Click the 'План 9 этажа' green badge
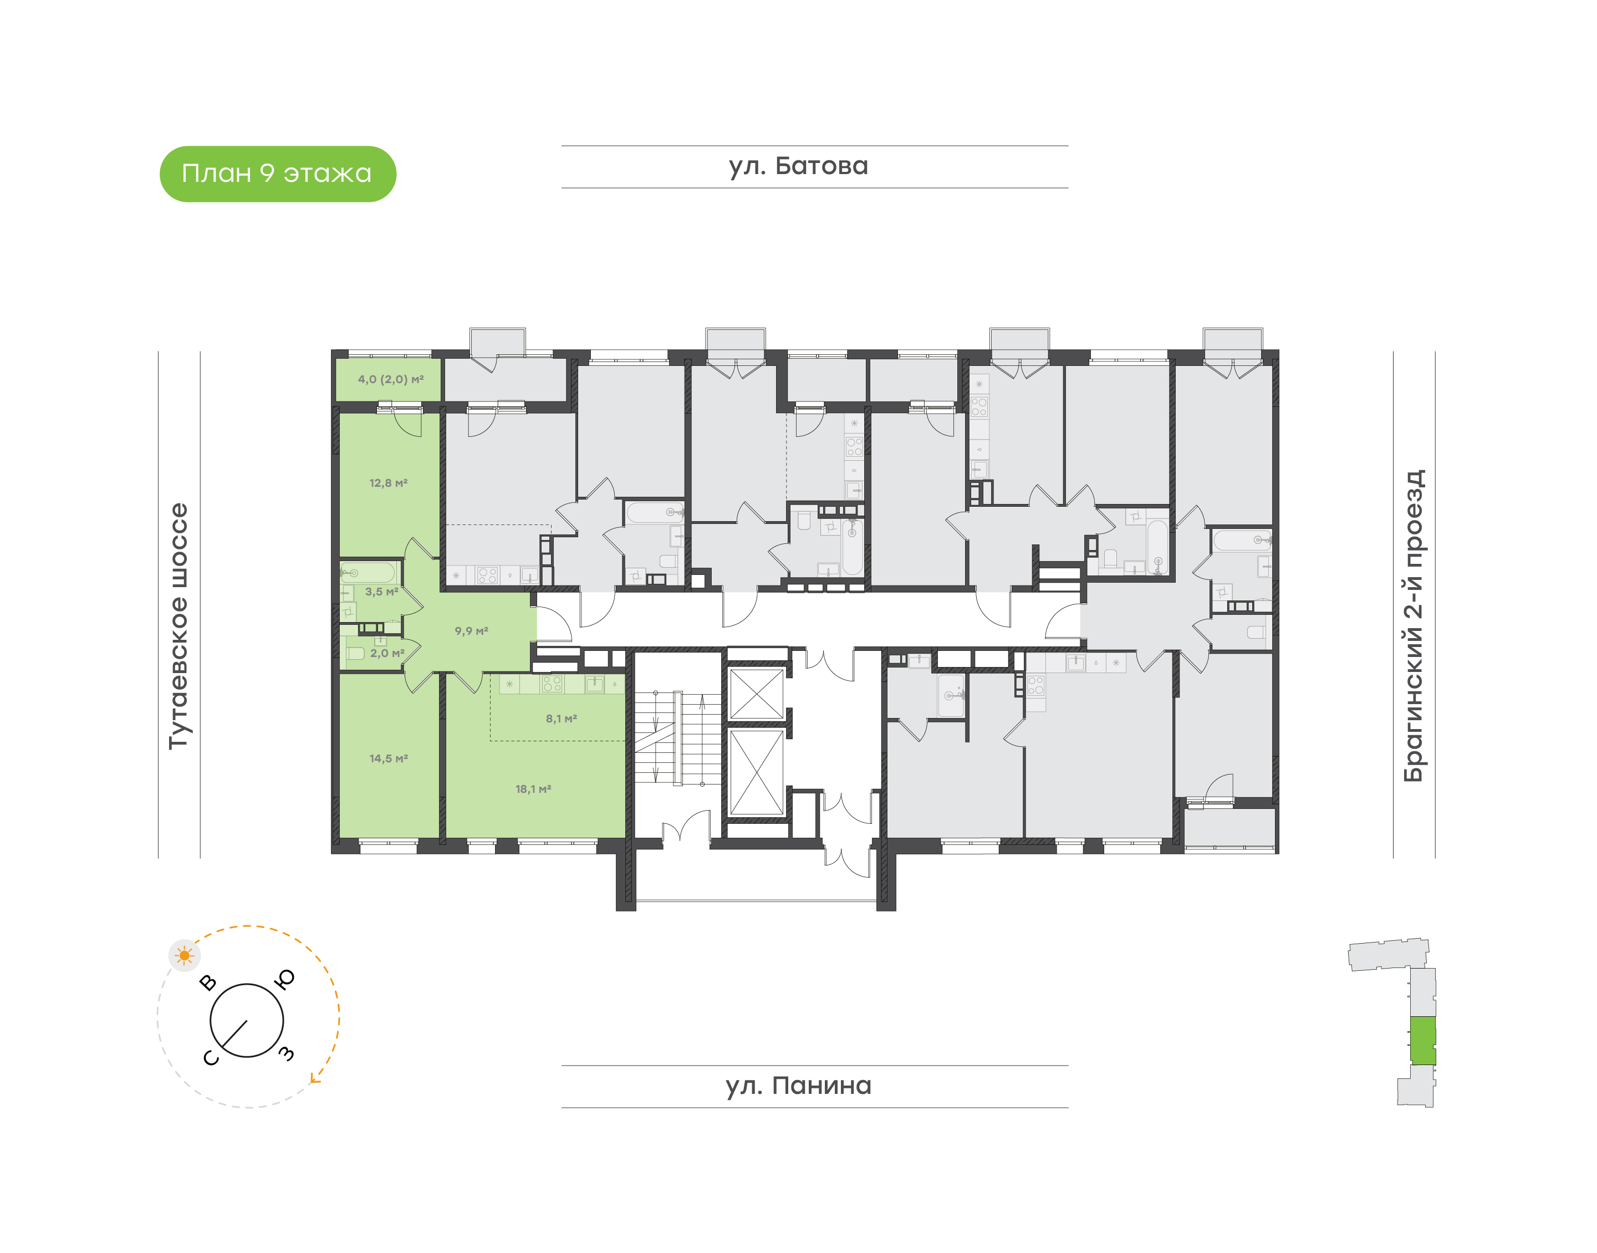277,174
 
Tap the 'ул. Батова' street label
798,166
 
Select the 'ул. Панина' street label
798,1086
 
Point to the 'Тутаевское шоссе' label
178,626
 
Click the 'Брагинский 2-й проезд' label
1413,626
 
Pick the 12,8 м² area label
388,483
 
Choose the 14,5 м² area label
388,758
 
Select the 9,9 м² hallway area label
471,631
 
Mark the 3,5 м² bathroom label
382,591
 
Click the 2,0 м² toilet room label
386,653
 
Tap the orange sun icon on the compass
184,956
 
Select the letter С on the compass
211,1058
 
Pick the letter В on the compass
208,982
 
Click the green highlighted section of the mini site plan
1423,1040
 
